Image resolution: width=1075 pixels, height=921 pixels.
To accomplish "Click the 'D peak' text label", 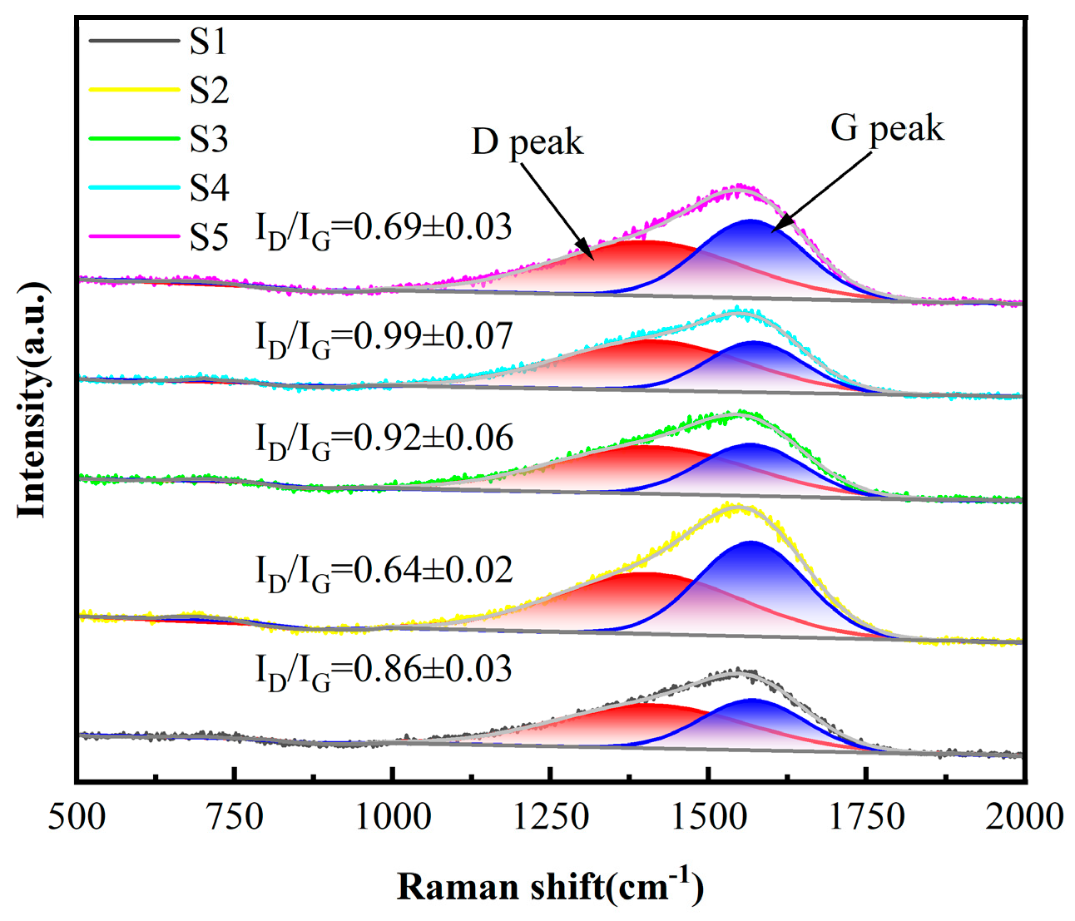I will [x=528, y=142].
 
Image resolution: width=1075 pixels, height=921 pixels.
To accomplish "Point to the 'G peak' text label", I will [x=887, y=129].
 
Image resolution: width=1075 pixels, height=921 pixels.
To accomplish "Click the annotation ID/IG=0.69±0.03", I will [x=383, y=229].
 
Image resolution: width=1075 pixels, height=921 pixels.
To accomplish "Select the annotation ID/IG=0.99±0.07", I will [x=384, y=338].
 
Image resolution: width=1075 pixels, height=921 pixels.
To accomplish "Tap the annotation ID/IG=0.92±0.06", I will [x=384, y=439].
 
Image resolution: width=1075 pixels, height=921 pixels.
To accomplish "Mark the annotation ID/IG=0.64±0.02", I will [x=384, y=572].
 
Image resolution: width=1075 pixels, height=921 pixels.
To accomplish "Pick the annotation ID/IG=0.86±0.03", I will [x=383, y=671].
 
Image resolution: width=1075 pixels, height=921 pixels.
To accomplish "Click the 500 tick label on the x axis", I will [x=77, y=817].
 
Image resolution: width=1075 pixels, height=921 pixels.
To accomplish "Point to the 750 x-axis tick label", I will [x=235, y=817].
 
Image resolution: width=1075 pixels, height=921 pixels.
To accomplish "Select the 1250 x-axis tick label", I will [x=550, y=817].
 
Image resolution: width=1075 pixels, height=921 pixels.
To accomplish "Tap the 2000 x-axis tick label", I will [x=1024, y=817].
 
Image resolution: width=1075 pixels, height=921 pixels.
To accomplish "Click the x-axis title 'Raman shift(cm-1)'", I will [x=550, y=886].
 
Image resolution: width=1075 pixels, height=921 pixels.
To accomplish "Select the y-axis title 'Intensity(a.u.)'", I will [x=33, y=399].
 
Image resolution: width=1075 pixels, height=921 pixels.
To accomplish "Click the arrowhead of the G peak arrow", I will [x=776, y=228].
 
